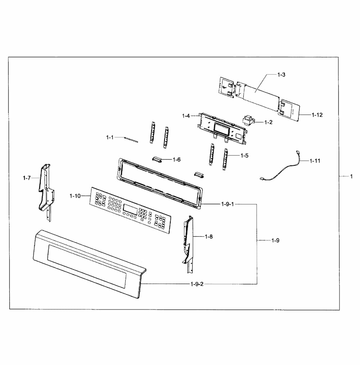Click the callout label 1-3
pyautogui.click(x=281, y=75)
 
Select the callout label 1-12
pyautogui.click(x=317, y=115)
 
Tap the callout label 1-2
pyautogui.click(x=268, y=122)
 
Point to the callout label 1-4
pyautogui.click(x=186, y=116)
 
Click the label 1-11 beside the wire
pyautogui.click(x=315, y=161)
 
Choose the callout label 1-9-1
pyautogui.click(x=228, y=204)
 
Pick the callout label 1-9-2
pyautogui.click(x=197, y=284)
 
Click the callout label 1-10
pyautogui.click(x=75, y=196)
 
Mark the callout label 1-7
pyautogui.click(x=27, y=178)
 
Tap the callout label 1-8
pyautogui.click(x=209, y=236)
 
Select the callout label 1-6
pyautogui.click(x=176, y=159)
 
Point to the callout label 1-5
pyautogui.click(x=244, y=155)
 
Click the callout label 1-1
pyautogui.click(x=110, y=137)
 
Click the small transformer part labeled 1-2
pyautogui.click(x=249, y=120)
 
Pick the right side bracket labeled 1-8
pyautogui.click(x=188, y=241)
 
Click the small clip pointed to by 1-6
pyautogui.click(x=157, y=159)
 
